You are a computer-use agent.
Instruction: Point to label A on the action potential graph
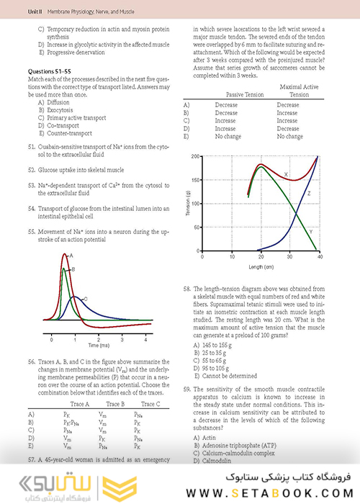pos(72,256)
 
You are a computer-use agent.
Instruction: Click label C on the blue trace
pos(85,298)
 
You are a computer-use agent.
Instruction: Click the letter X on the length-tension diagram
pos(287,175)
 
